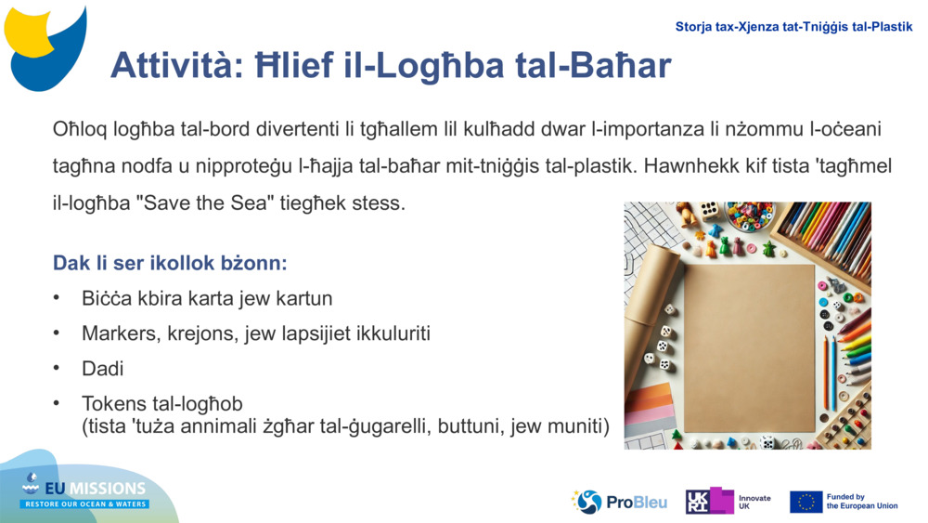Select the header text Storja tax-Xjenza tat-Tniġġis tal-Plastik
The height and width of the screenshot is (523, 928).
coord(793,27)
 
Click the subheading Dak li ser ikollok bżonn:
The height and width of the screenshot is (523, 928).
coord(170,263)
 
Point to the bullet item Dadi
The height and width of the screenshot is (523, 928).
coord(102,368)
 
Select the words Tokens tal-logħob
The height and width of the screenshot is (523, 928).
coord(161,403)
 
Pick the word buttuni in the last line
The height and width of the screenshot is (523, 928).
coord(514,426)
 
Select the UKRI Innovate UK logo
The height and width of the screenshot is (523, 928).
coord(728,502)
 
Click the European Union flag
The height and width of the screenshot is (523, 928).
coord(806,502)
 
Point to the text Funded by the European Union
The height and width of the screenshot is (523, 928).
coord(861,502)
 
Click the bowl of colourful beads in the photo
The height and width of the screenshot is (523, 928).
coord(749,216)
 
